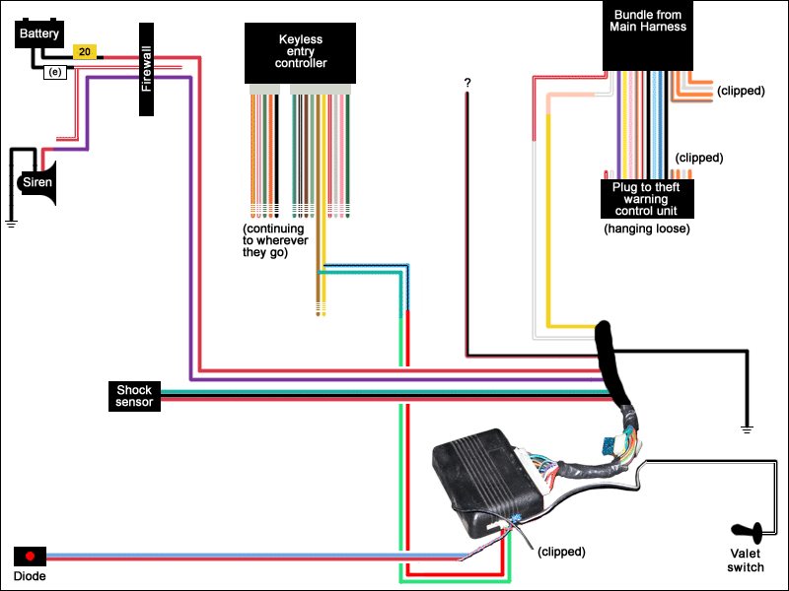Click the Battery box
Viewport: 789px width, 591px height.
(x=38, y=34)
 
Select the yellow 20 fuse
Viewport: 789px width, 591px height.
(x=85, y=51)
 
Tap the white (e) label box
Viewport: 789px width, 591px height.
(x=54, y=72)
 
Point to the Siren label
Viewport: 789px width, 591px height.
(x=37, y=182)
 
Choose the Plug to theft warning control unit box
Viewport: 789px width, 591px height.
(x=646, y=198)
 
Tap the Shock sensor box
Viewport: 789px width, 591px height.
(x=133, y=396)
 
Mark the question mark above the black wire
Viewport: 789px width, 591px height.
(x=466, y=83)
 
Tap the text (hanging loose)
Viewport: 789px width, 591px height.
(x=646, y=229)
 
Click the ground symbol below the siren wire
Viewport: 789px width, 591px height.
(x=12, y=224)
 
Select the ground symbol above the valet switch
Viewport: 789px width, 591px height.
(x=747, y=428)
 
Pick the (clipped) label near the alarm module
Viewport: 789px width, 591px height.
(x=561, y=552)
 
